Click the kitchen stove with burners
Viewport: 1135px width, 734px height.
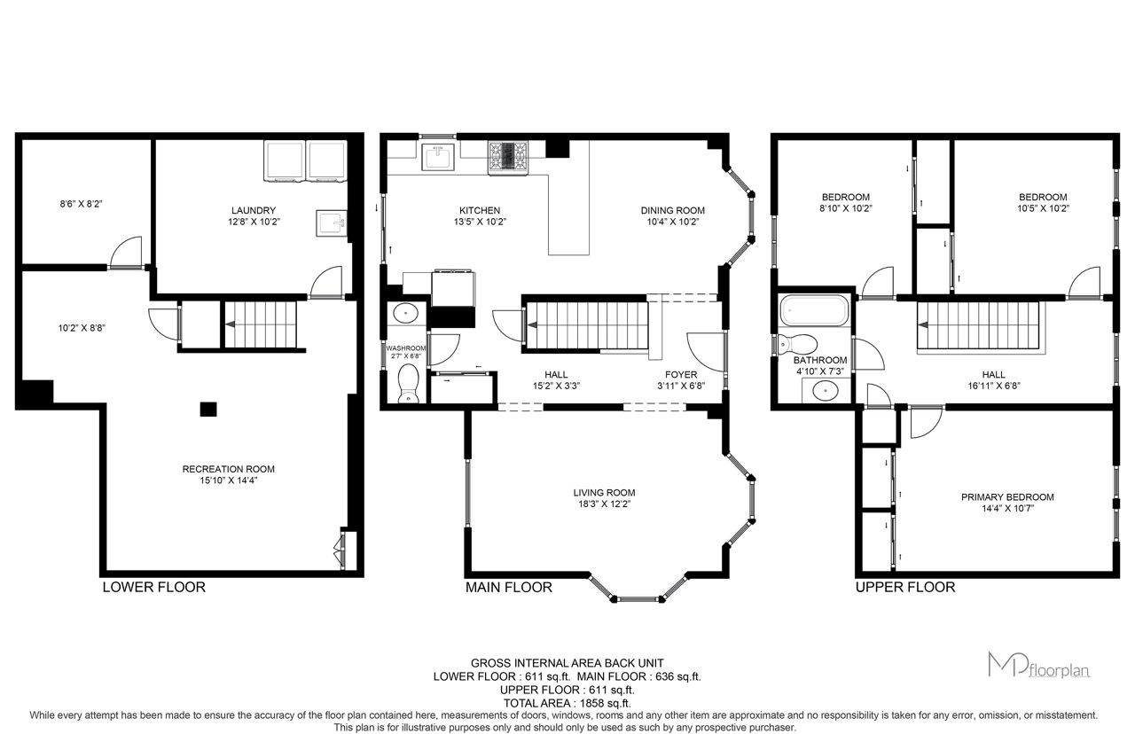[x=508, y=158]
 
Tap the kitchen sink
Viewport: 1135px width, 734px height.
[x=438, y=157]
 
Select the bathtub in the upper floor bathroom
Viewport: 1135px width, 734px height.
[x=814, y=310]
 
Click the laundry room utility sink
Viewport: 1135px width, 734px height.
[x=332, y=223]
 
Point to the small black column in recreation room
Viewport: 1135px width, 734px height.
[x=208, y=409]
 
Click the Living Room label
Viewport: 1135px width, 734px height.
[x=604, y=492]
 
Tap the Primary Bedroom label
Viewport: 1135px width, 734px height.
[x=1007, y=497]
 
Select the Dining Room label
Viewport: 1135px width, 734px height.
[x=672, y=210]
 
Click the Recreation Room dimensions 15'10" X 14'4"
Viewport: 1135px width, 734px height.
[x=229, y=480]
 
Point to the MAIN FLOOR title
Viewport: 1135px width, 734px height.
[x=509, y=587]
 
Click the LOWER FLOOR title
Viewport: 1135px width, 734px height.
[x=154, y=587]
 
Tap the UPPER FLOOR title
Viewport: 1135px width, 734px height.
[x=905, y=587]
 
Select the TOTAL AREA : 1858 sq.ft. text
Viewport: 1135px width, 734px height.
[x=567, y=703]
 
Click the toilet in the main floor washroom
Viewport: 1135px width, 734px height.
[x=409, y=384]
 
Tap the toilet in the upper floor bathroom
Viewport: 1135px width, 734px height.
[x=798, y=344]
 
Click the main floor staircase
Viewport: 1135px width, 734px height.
[x=587, y=325]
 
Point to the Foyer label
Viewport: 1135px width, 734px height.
[x=681, y=374]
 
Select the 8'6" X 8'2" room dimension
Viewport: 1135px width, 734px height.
[x=81, y=204]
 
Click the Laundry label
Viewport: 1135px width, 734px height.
[x=254, y=210]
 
